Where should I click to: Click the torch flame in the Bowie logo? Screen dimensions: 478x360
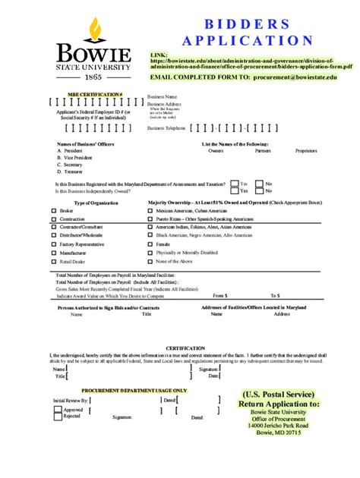94,29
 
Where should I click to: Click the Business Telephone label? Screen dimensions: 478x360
166,129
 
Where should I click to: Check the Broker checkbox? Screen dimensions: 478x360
53,210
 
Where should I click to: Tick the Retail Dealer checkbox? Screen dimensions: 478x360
53,260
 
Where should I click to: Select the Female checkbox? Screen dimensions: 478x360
150,244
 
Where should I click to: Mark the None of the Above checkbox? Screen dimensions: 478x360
150,260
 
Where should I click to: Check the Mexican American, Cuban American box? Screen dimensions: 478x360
150,210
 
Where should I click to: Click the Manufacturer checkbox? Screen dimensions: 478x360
53,252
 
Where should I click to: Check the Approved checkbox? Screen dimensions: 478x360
58,410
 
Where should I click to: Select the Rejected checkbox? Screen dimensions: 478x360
58,417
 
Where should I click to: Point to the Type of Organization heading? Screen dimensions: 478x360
96,203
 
